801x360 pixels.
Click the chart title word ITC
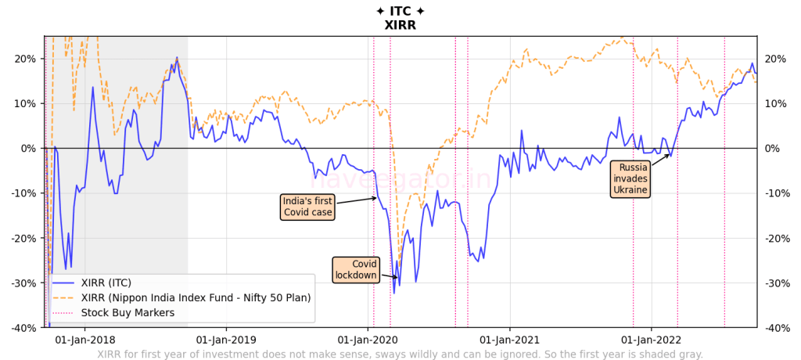click(400, 11)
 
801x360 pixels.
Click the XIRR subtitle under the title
click(400, 25)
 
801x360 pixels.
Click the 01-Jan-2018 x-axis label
click(85, 340)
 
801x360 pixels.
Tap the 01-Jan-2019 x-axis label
click(226, 340)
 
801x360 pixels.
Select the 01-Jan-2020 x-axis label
click(368, 340)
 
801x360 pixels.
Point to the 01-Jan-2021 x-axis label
click(509, 340)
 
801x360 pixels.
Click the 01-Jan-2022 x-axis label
click(651, 340)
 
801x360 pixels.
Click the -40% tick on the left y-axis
click(23, 328)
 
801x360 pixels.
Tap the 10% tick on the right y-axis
click(775, 103)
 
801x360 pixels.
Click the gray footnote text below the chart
click(400, 354)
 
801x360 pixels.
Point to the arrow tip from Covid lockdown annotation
click(398, 277)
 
